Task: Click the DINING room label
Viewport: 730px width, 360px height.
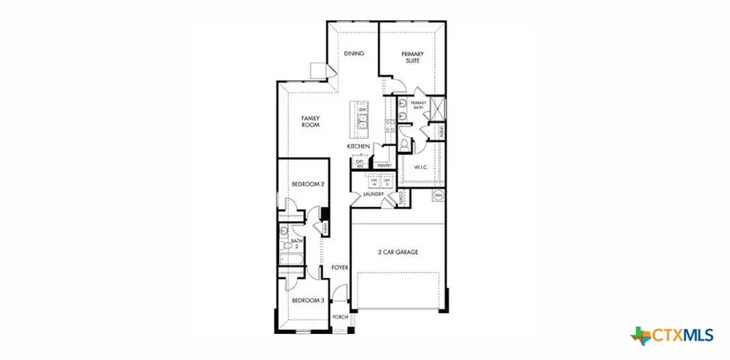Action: tap(354, 54)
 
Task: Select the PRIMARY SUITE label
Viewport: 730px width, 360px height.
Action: tap(414, 58)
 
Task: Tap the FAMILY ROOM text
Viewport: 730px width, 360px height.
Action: tap(311, 122)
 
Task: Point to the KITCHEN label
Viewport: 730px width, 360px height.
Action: tap(359, 146)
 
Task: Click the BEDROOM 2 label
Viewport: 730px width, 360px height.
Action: tap(307, 184)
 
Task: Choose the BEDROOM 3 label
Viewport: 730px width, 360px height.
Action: tap(307, 300)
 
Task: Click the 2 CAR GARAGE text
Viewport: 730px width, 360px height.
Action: tap(397, 253)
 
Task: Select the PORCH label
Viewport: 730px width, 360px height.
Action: tap(341, 317)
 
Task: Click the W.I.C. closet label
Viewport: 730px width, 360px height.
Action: tap(420, 168)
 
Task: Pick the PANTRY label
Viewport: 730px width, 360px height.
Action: tap(384, 165)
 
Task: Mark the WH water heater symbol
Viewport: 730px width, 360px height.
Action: tap(439, 195)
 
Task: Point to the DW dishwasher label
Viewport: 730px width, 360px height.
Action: tap(363, 109)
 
